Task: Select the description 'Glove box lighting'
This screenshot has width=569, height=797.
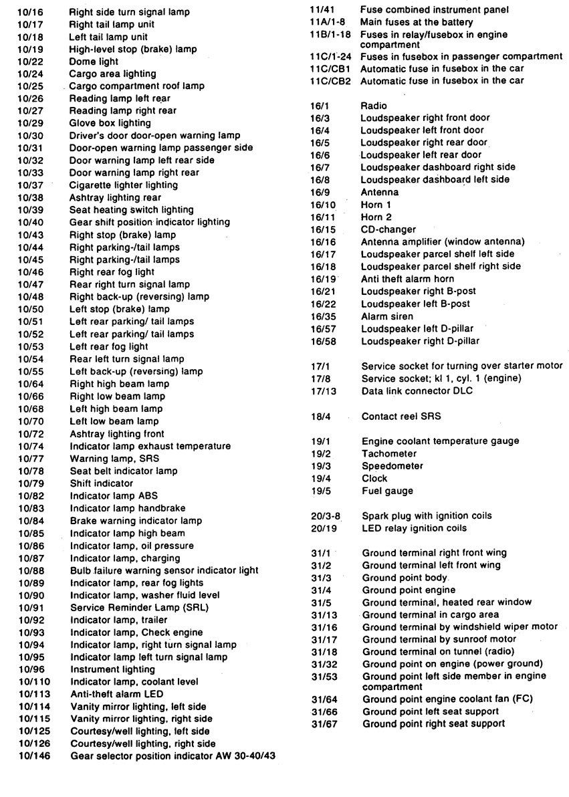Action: tap(110, 123)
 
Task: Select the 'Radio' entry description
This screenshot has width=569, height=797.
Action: tap(373, 106)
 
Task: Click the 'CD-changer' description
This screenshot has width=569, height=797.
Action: tap(388, 229)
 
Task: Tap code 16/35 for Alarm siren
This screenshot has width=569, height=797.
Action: tap(323, 316)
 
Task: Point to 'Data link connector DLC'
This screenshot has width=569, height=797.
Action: tap(417, 391)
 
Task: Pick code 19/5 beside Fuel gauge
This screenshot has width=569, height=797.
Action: tap(321, 491)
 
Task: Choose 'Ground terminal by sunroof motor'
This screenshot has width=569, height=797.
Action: tap(439, 639)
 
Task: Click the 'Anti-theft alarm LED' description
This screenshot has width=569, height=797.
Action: tap(116, 694)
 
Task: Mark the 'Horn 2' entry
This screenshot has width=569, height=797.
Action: tap(376, 217)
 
